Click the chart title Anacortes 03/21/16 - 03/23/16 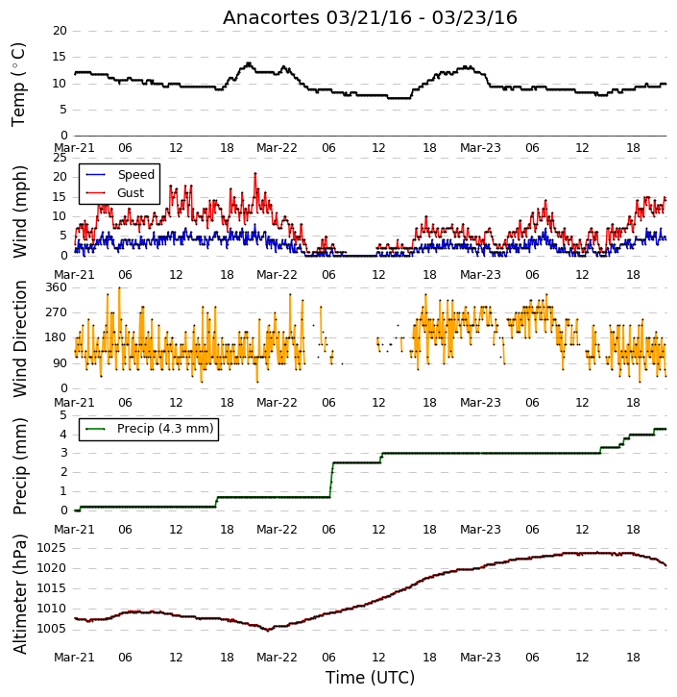pyautogui.click(x=370, y=18)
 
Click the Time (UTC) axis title pyautogui.click(x=370, y=678)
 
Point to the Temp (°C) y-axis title pyautogui.click(x=18, y=85)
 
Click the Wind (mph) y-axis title pyautogui.click(x=19, y=212)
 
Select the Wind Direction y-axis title pyautogui.click(x=19, y=338)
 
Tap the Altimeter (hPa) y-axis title pyautogui.click(x=19, y=594)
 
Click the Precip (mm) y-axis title pyautogui.click(x=19, y=466)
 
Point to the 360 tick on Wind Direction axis pyautogui.click(x=56, y=287)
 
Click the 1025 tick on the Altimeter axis pyautogui.click(x=51, y=548)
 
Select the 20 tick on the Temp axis pyautogui.click(x=60, y=31)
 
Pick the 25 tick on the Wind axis pyautogui.click(x=60, y=158)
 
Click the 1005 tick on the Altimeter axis pyautogui.click(x=51, y=629)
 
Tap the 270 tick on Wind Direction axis pyautogui.click(x=56, y=312)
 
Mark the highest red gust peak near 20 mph pyautogui.click(x=255, y=174)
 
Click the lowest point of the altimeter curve pyautogui.click(x=267, y=630)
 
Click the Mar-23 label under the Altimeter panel pyautogui.click(x=480, y=658)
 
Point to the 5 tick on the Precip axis pyautogui.click(x=63, y=415)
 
